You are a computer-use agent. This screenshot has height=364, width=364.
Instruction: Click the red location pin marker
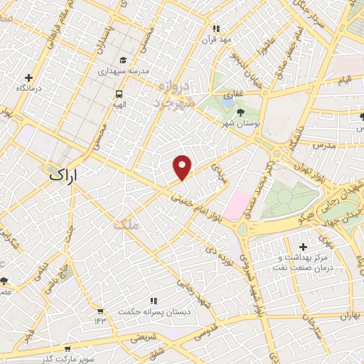tap(183, 166)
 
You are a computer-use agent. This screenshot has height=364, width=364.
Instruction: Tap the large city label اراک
tap(64, 175)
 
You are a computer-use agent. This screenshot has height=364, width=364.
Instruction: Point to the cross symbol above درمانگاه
tap(29, 77)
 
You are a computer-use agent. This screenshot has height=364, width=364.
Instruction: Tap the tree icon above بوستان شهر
tap(239, 112)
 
